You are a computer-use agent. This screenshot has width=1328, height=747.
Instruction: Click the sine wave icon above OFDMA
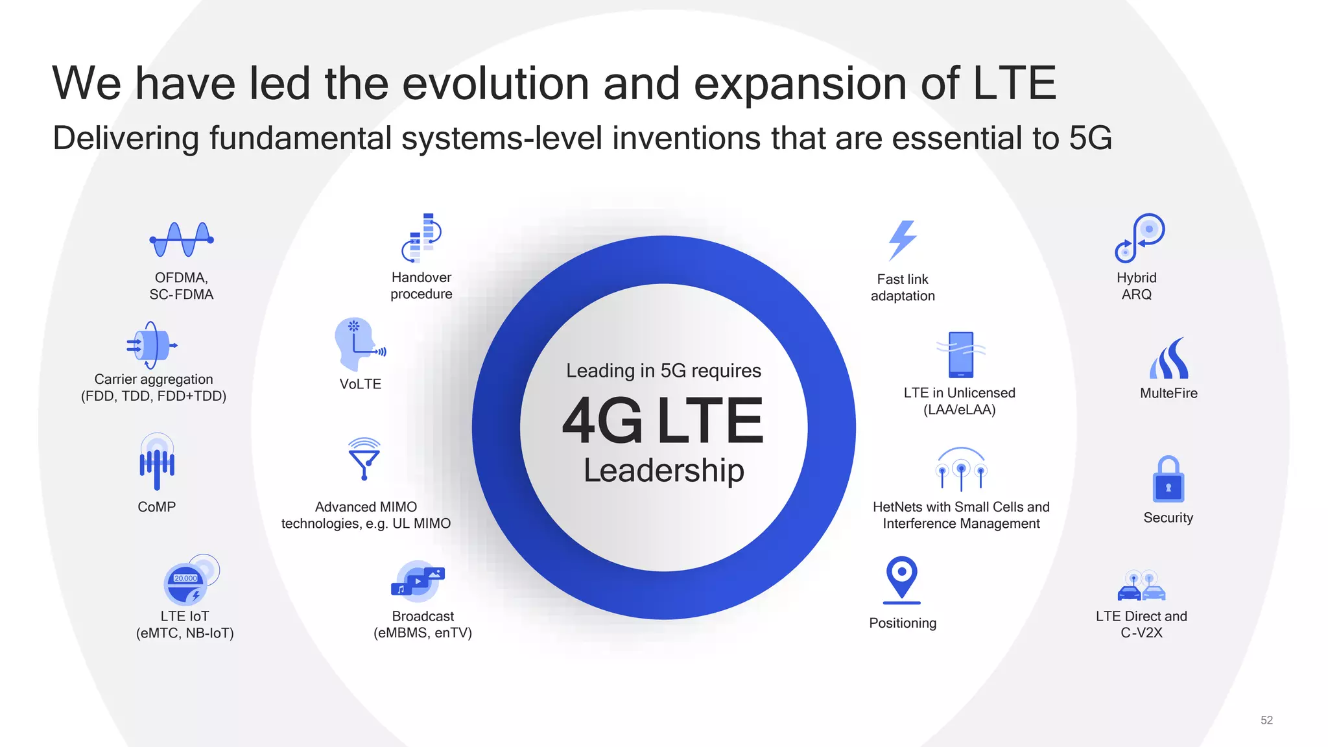(x=182, y=239)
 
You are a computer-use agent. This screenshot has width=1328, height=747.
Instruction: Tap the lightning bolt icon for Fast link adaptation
(x=903, y=240)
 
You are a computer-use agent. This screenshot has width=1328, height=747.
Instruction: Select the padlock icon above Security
(x=1168, y=480)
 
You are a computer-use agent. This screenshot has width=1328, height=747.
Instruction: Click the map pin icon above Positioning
(x=902, y=578)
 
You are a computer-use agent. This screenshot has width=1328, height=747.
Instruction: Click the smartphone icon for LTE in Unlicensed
(x=960, y=354)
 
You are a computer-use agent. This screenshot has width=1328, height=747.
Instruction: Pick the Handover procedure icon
(x=422, y=237)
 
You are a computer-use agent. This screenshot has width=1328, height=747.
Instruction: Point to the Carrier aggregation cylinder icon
(x=152, y=345)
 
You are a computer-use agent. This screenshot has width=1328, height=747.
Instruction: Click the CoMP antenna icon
(x=157, y=461)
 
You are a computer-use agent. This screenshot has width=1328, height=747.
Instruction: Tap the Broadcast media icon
(x=418, y=582)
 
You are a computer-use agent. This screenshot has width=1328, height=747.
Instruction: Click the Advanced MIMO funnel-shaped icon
(x=364, y=458)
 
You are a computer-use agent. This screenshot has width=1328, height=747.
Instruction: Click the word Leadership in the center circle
(x=663, y=470)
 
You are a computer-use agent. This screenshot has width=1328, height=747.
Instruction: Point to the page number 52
(x=1266, y=720)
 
